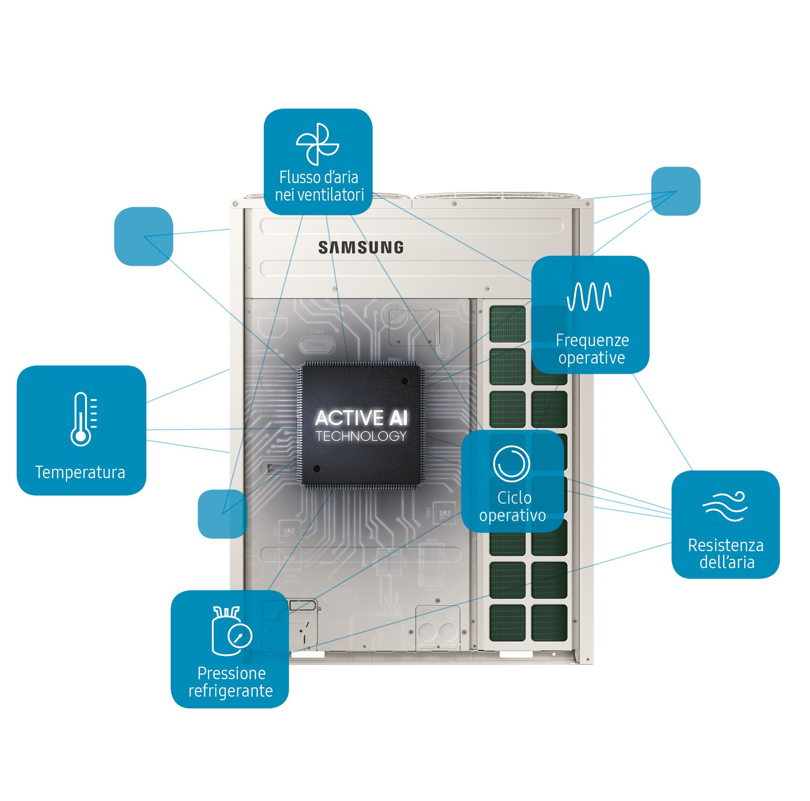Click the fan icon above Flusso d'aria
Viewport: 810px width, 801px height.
click(x=317, y=144)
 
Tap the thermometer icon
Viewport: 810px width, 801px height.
click(x=83, y=419)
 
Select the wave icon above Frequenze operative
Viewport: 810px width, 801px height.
click(x=589, y=296)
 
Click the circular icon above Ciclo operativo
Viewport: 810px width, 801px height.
click(x=511, y=464)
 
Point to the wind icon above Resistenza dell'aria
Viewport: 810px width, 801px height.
click(x=725, y=506)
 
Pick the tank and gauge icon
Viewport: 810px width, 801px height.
click(x=231, y=631)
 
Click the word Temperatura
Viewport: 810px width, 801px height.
click(x=80, y=472)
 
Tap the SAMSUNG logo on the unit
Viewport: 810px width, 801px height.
click(x=361, y=248)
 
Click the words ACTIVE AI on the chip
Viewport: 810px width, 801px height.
click(x=361, y=418)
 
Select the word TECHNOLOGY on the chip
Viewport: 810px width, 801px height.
click(x=361, y=436)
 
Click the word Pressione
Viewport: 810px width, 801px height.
click(x=232, y=673)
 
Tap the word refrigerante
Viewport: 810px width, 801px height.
click(x=231, y=691)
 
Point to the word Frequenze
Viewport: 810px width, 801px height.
click(x=592, y=340)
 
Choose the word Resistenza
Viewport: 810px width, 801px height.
click(x=726, y=545)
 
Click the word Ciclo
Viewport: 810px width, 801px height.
click(x=514, y=497)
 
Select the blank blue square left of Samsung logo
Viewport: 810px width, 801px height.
click(x=143, y=236)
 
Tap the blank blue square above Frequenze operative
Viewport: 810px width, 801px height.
click(x=675, y=191)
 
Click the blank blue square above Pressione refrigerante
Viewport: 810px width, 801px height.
click(x=222, y=514)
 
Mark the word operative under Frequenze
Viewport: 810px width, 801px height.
click(x=591, y=358)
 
